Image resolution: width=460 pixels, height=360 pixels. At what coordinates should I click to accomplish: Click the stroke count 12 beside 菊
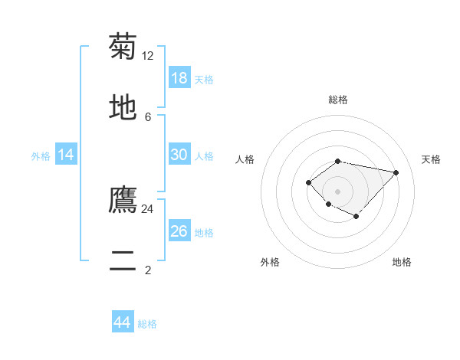click(x=148, y=55)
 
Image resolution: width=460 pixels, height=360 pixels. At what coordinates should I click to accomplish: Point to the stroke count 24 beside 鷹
click(x=148, y=208)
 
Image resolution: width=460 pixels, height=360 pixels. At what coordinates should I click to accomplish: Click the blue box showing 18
click(x=179, y=78)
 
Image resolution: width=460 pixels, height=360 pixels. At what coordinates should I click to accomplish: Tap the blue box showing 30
click(x=179, y=155)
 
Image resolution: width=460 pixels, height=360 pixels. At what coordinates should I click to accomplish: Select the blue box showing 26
click(x=179, y=231)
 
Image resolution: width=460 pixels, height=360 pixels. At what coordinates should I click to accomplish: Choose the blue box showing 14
click(x=66, y=155)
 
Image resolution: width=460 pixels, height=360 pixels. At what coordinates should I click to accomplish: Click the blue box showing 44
click(x=123, y=322)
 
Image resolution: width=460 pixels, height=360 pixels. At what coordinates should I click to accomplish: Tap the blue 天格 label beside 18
click(x=204, y=80)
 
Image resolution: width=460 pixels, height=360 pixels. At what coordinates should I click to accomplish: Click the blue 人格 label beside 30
click(x=204, y=156)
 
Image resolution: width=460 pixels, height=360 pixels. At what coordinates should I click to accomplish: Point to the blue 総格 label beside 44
click(x=147, y=324)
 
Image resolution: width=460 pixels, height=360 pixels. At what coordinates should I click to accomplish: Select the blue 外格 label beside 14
click(x=41, y=156)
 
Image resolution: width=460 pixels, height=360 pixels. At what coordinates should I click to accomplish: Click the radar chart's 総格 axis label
click(x=338, y=100)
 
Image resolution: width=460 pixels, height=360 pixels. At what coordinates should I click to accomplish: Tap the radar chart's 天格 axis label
click(x=432, y=159)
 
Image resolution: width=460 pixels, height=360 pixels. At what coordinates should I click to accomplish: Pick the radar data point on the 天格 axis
click(x=396, y=172)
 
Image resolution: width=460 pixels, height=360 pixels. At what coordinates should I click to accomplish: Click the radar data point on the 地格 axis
click(x=356, y=217)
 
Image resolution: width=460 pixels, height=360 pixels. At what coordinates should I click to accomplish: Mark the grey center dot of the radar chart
click(x=338, y=191)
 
